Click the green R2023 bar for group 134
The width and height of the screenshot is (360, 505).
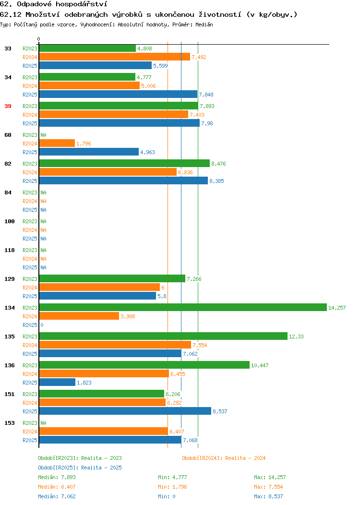pyautogui.click(x=183, y=308)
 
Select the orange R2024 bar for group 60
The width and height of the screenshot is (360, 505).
pyautogui.click(x=57, y=144)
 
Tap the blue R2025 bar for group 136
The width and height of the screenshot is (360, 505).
pyautogui.click(x=57, y=382)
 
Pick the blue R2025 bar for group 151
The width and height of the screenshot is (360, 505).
pyautogui.click(x=125, y=411)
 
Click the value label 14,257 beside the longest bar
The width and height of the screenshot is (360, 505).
pyautogui.click(x=337, y=308)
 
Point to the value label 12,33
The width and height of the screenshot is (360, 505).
pyautogui.click(x=296, y=337)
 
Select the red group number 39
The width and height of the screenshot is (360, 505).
pyautogui.click(x=8, y=106)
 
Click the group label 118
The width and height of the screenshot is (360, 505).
pyautogui.click(x=10, y=250)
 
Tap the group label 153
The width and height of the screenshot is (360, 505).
pyautogui.click(x=10, y=423)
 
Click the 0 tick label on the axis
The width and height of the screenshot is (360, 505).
pyautogui.click(x=39, y=39)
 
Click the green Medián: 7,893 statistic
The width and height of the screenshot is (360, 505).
pyautogui.click(x=57, y=477)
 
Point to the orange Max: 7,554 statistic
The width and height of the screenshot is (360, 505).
pyautogui.click(x=268, y=487)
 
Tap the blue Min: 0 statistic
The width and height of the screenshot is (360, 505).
pyautogui.click(x=167, y=497)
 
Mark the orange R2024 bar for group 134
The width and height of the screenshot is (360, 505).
pyautogui.click(x=79, y=316)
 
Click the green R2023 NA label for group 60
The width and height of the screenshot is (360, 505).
pyautogui.click(x=44, y=135)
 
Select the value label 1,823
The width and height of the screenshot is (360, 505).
pyautogui.click(x=84, y=383)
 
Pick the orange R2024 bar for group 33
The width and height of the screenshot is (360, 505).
pyautogui.click(x=115, y=57)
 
